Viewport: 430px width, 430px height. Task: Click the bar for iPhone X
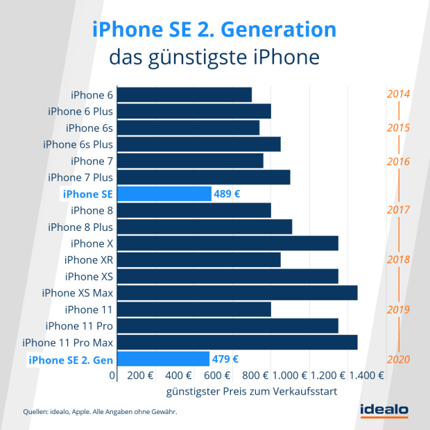pos(227,243)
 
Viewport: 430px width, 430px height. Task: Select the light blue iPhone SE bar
pos(164,193)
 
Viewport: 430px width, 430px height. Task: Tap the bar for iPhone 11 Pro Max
pos(237,343)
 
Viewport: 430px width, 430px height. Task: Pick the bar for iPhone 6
pos(184,94)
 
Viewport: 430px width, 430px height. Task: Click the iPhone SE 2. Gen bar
pos(163,359)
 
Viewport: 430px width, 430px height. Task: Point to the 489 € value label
pos(227,193)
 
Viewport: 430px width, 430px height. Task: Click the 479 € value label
pos(225,359)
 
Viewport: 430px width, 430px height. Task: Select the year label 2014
pos(399,94)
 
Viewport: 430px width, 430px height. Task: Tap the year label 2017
pos(399,210)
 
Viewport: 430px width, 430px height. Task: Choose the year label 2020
pos(399,359)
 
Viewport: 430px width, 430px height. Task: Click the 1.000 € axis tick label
pos(290,375)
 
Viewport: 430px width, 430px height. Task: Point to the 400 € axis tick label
pos(178,375)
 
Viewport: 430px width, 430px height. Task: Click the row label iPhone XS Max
pos(78,293)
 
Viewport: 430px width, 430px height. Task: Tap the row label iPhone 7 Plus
pos(80,177)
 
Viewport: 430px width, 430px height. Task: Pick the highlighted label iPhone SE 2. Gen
pos(70,359)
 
